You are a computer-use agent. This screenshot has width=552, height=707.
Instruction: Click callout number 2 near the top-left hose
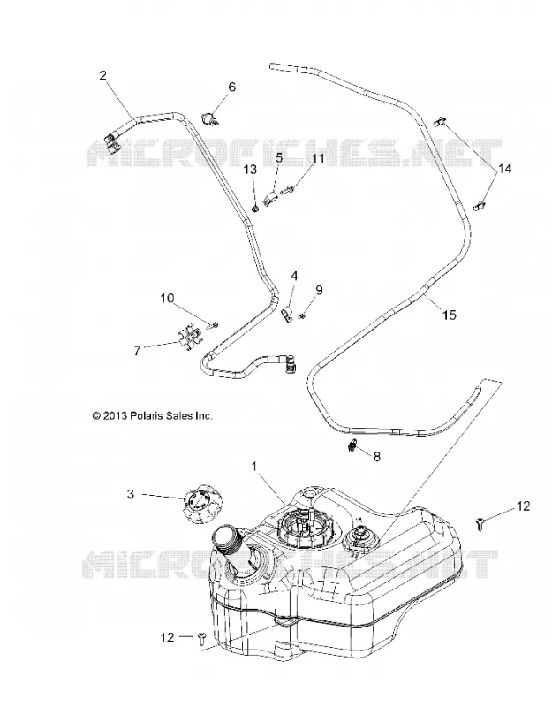pyautogui.click(x=103, y=75)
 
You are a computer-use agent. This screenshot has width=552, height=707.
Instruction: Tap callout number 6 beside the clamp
pyautogui.click(x=231, y=87)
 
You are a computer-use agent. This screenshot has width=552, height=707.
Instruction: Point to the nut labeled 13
pyautogui.click(x=255, y=209)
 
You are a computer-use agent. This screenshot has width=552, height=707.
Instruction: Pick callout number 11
pyautogui.click(x=318, y=159)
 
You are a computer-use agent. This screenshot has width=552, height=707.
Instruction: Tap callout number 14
pyautogui.click(x=505, y=169)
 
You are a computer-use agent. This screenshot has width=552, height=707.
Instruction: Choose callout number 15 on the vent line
pyautogui.click(x=450, y=315)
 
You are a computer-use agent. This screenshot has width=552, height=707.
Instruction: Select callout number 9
pyautogui.click(x=319, y=290)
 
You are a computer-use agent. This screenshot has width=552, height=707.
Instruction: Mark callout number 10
pyautogui.click(x=167, y=298)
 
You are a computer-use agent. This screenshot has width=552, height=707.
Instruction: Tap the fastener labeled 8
pyautogui.click(x=353, y=446)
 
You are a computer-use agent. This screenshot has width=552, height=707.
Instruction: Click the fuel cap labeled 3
pyautogui.click(x=200, y=508)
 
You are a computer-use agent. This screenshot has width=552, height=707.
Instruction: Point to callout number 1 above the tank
pyautogui.click(x=254, y=467)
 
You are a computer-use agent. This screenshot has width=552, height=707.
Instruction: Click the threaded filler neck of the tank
pyautogui.click(x=229, y=543)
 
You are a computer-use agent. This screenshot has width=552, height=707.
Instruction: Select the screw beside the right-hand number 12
pyautogui.click(x=480, y=524)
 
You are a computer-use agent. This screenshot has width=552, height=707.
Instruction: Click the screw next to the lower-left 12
pyautogui.click(x=200, y=637)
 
